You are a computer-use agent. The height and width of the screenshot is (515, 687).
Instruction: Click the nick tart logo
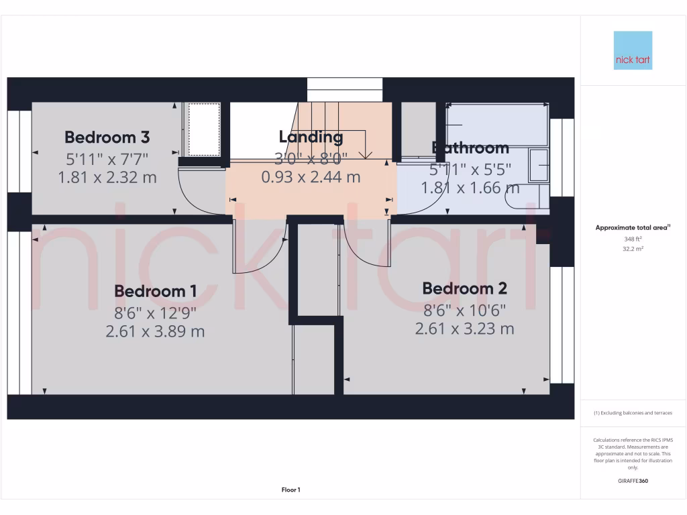click(x=633, y=50)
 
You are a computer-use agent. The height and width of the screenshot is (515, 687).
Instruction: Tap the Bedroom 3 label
click(x=107, y=137)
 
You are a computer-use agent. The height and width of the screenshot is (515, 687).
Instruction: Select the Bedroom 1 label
click(x=155, y=291)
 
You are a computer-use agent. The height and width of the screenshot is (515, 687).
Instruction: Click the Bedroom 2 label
click(x=464, y=288)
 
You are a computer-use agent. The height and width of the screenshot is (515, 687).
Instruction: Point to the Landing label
click(x=311, y=137)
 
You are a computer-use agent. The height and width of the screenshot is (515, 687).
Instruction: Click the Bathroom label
click(x=470, y=148)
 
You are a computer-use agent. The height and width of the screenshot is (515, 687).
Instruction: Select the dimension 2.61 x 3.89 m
click(x=155, y=331)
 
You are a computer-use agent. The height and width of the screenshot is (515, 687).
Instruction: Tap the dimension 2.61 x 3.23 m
click(x=464, y=329)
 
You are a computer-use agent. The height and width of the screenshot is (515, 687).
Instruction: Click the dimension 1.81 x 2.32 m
click(x=107, y=178)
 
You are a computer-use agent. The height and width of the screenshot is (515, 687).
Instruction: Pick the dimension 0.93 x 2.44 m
click(x=311, y=177)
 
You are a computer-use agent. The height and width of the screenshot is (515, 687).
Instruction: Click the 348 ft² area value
click(x=633, y=238)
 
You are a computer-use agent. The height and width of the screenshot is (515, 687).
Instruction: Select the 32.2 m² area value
click(x=633, y=248)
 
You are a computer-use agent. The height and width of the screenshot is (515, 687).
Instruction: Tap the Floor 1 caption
click(x=290, y=490)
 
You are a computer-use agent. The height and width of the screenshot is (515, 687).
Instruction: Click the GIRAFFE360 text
click(x=633, y=481)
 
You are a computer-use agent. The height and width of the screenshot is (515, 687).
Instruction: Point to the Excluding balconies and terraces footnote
click(x=633, y=413)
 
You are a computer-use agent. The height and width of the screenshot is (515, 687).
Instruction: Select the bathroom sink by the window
click(x=539, y=165)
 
